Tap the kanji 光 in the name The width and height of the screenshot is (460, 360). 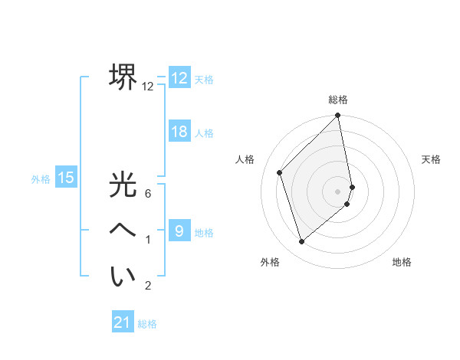[123, 185]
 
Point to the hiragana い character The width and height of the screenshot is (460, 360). [123, 276]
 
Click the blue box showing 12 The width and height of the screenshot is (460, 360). [179, 78]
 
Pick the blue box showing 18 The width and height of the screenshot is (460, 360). [179, 132]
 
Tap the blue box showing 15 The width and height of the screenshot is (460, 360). [66, 178]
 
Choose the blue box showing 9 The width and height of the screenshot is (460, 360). [179, 231]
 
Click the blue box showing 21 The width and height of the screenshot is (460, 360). [123, 322]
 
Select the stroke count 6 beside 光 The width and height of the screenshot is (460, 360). [148, 194]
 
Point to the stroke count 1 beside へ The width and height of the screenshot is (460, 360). [148, 241]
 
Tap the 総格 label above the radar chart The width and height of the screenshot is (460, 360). [338, 100]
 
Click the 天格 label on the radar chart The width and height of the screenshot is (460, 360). [431, 159]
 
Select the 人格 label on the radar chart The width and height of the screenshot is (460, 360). [245, 159]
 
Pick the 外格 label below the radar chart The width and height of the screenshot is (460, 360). [270, 262]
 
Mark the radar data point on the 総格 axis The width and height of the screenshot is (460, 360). [338, 116]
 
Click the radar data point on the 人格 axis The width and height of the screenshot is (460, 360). [280, 172]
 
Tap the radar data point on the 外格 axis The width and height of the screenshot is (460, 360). [302, 242]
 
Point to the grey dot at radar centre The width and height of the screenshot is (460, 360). [338, 191]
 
